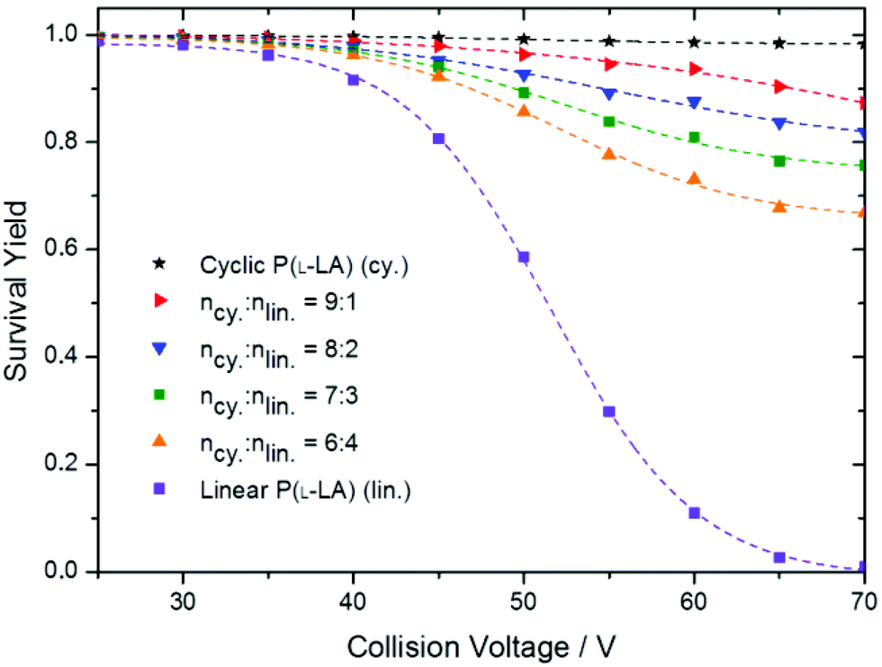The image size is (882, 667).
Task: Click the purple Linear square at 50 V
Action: tap(524, 257)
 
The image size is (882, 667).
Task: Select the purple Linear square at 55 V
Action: tap(609, 412)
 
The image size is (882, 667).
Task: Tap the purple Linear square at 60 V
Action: tap(694, 512)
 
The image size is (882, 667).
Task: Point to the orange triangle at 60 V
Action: tap(694, 179)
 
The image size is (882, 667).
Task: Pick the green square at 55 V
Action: tap(609, 121)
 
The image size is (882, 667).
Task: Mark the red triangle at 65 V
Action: tap(779, 86)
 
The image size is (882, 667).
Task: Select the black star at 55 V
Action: tap(609, 40)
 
